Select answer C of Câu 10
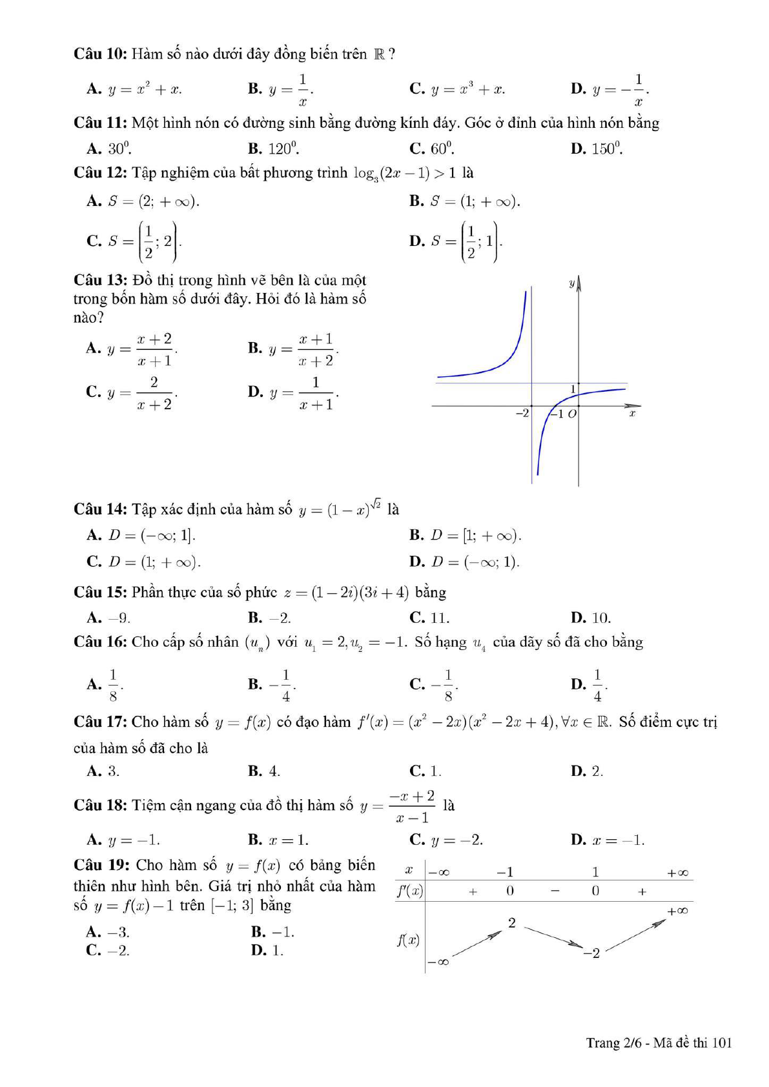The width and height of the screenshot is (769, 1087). (x=457, y=89)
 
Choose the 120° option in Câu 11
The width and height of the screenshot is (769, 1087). (x=274, y=149)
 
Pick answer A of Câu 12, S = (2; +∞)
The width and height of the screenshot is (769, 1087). (x=143, y=201)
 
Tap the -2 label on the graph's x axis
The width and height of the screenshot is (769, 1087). (x=522, y=413)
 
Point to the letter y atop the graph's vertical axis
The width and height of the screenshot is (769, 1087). (x=571, y=283)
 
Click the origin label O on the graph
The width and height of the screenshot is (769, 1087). (x=572, y=414)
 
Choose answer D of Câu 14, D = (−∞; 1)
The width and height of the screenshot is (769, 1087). (x=464, y=562)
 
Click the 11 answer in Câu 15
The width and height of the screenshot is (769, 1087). (x=430, y=618)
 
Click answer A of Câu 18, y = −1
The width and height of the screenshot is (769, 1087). (x=123, y=840)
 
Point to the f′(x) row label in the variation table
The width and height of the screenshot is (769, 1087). (x=409, y=891)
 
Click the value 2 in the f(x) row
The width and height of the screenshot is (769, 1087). (x=512, y=923)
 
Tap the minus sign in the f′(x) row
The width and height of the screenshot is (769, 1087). (x=555, y=891)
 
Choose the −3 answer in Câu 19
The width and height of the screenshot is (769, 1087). (x=108, y=932)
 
